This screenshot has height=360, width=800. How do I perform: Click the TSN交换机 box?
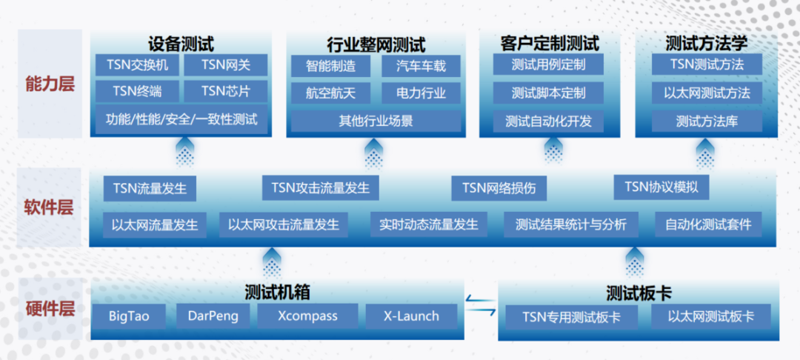point(137,64)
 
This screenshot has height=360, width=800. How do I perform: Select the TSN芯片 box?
point(225,92)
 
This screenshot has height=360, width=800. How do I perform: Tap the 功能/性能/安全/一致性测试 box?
point(181,120)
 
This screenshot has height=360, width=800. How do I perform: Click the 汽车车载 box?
point(421,66)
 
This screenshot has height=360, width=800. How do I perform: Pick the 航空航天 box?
point(330,93)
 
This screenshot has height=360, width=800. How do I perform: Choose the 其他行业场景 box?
point(376,121)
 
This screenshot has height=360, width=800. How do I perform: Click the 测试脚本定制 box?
point(548,93)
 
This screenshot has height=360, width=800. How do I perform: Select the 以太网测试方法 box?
point(707,93)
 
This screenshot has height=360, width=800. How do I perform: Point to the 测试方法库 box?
point(707,121)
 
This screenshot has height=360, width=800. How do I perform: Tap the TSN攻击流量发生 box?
point(321,187)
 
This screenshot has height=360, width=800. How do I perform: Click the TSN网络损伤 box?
point(499,187)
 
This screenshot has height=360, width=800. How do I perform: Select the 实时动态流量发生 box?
point(429,224)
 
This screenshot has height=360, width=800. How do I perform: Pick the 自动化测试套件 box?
point(708,224)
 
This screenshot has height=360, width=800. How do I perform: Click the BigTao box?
point(129,316)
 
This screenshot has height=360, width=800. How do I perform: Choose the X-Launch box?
point(410,316)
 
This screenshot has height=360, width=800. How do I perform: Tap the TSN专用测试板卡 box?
point(571,317)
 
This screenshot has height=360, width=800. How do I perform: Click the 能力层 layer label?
point(50,84)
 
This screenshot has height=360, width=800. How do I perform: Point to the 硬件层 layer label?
point(50,309)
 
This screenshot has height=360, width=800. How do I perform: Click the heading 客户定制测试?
point(550,44)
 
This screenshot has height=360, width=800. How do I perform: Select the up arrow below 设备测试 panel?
point(184,150)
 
